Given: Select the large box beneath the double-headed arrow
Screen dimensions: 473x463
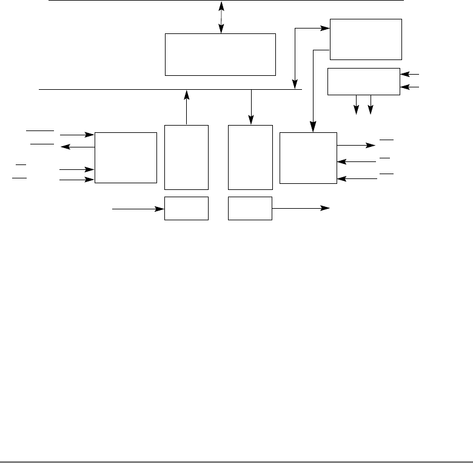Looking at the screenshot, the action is [x=221, y=55].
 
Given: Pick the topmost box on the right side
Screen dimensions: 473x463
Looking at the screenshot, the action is [x=366, y=39].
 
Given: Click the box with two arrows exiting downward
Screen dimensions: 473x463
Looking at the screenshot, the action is [x=363, y=82].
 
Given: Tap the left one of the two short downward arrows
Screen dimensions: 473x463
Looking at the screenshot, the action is [x=357, y=104].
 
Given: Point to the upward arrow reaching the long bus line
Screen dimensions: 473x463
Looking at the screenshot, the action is [x=187, y=107].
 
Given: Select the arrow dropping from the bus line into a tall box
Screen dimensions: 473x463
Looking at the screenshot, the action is [x=251, y=107].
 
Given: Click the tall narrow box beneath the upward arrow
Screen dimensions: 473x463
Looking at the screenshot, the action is [x=187, y=158].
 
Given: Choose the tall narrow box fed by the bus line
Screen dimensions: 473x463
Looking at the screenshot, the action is [x=250, y=158].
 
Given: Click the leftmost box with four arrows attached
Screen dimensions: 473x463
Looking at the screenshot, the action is [x=125, y=157].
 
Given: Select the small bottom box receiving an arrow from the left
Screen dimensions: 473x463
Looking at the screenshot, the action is [x=187, y=208].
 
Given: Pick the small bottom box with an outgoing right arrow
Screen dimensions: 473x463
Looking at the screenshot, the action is [x=250, y=208].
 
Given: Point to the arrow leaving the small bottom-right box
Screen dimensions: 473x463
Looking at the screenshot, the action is [x=301, y=208].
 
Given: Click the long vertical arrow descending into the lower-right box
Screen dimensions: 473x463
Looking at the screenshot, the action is [x=313, y=91].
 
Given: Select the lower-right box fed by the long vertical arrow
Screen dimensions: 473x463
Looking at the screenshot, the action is [x=308, y=157].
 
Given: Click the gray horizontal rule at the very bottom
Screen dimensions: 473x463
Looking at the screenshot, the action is [x=236, y=461].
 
